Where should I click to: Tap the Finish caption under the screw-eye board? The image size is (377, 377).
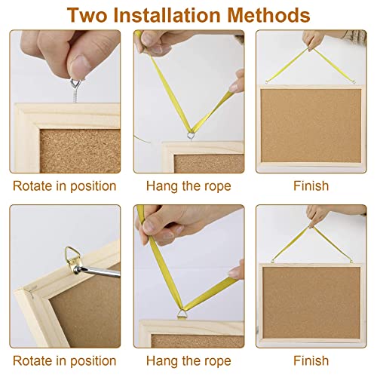tap(311, 185)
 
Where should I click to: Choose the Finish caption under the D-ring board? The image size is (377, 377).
tap(311, 361)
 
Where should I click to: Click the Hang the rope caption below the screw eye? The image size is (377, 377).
tap(188, 185)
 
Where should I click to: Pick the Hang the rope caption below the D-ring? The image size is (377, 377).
tap(188, 361)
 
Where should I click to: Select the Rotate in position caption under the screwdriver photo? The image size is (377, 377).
tap(64, 361)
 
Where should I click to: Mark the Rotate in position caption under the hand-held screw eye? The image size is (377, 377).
tap(64, 185)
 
